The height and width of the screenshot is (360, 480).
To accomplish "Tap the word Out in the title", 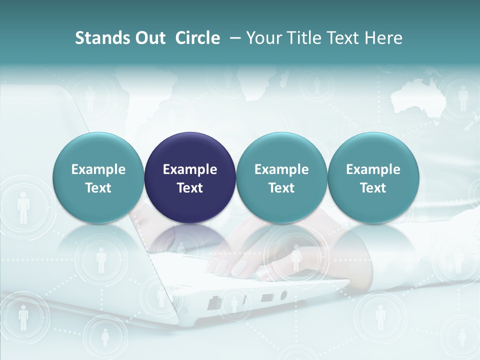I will pyautogui.click(x=148, y=38).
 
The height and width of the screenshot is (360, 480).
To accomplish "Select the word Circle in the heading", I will pyautogui.click(x=197, y=38).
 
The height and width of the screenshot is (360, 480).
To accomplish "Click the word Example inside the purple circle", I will pyautogui.click(x=190, y=169).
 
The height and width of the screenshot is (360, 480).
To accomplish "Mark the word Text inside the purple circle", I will pyautogui.click(x=190, y=188).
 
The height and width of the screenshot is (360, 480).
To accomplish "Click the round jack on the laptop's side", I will pyautogui.click(x=283, y=295).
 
